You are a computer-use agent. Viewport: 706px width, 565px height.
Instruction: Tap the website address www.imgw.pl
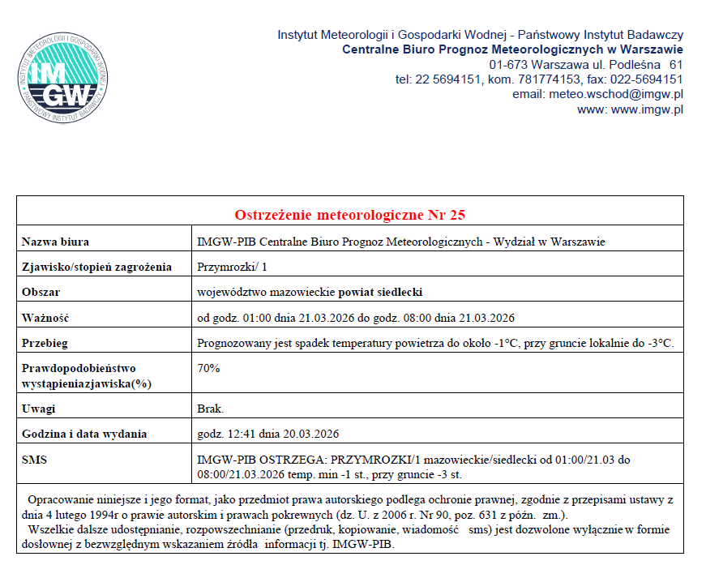[x=645, y=109]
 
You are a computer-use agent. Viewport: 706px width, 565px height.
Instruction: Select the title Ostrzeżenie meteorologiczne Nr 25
[x=349, y=215]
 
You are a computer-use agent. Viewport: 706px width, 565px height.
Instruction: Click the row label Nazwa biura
[x=56, y=242]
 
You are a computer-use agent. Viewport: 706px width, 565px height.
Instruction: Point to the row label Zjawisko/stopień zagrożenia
[x=97, y=267]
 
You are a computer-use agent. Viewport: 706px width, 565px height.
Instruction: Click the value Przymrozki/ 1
[x=232, y=267]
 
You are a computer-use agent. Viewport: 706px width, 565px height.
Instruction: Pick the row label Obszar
[x=41, y=292]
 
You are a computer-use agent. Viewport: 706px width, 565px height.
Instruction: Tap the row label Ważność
[x=45, y=317]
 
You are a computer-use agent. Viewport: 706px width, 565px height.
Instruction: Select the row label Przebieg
[x=45, y=343]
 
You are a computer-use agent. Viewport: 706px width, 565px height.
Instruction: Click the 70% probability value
[x=208, y=368]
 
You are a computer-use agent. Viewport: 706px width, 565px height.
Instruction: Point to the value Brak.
[x=211, y=409]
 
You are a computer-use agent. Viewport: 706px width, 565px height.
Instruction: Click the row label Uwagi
[x=38, y=409]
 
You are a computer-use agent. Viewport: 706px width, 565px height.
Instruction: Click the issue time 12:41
[x=242, y=434]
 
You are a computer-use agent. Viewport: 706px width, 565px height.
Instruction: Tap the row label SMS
[x=35, y=460]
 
